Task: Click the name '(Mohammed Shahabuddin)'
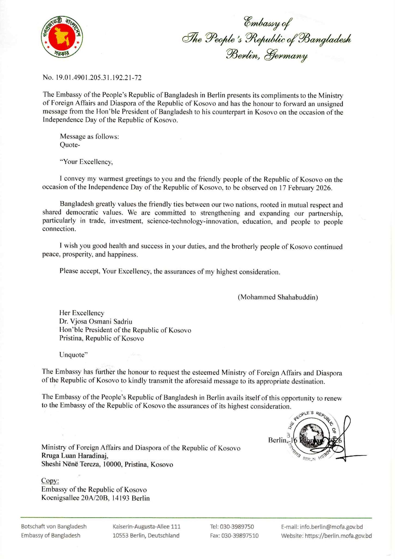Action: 278,297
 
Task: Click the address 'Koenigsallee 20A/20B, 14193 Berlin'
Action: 95,498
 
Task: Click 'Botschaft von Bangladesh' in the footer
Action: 54,527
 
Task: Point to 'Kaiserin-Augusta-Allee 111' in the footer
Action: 146,527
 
